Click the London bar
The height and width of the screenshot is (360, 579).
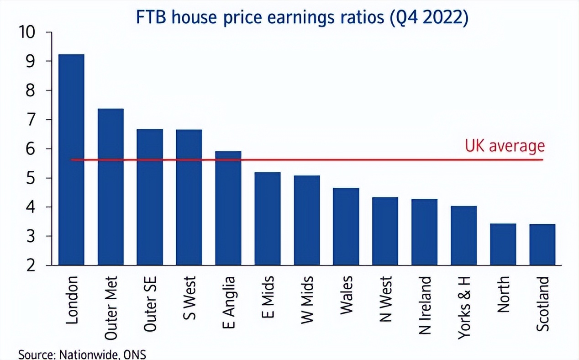pos(71,160)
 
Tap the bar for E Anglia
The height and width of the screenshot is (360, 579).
pos(228,208)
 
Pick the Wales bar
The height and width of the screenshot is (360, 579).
pos(346,226)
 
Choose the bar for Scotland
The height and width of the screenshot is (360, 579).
pos(542,244)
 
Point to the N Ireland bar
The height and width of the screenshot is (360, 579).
pos(425,232)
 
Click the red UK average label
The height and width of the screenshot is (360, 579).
pos(505,146)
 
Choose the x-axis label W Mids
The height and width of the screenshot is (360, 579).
pos(307,300)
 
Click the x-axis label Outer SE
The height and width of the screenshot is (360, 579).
pos(150,303)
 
